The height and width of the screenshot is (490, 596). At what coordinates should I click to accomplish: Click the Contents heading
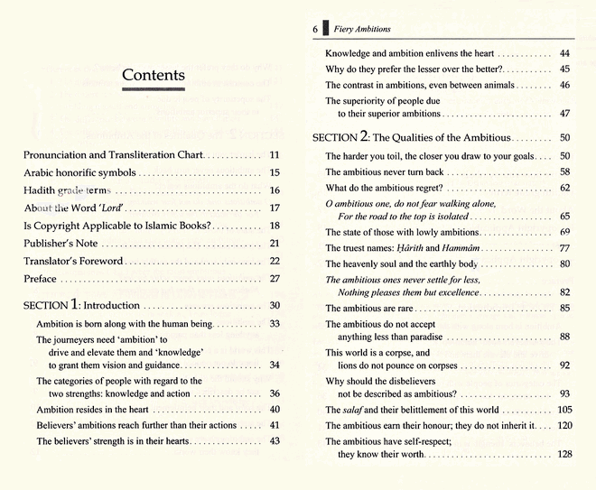tap(153, 75)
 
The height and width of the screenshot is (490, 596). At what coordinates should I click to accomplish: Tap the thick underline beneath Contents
tap(153, 88)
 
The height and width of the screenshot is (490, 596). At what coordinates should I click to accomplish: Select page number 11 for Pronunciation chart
tap(275, 155)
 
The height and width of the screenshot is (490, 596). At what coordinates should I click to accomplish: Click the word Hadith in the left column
tap(40, 190)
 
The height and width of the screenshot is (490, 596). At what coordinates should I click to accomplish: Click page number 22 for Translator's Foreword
tap(275, 261)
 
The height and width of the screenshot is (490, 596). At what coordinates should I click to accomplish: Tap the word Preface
tap(40, 279)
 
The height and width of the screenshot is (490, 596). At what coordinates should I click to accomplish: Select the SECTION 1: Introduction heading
tap(81, 306)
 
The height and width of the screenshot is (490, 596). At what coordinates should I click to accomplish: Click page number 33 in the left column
tap(275, 323)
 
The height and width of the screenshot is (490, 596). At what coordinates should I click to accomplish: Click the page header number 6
tap(315, 29)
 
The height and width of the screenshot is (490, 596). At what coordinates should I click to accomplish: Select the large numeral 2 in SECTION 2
tap(364, 137)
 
